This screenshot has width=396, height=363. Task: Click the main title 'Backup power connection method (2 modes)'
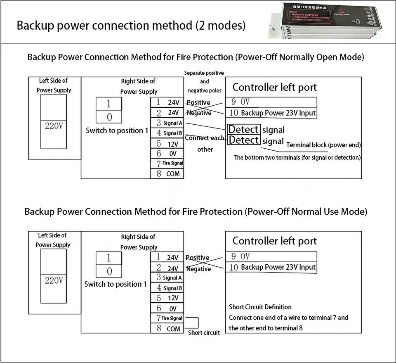click(131, 25)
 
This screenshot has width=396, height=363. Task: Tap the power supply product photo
click(330, 21)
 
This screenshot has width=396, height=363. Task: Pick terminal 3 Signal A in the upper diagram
click(168, 123)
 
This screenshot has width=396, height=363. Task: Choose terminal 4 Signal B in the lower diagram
click(168, 288)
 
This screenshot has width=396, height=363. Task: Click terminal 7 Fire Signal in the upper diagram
click(168, 163)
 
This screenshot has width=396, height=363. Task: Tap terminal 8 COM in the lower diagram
click(168, 329)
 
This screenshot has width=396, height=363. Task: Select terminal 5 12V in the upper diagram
click(168, 144)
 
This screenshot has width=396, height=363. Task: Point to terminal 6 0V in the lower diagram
click(168, 308)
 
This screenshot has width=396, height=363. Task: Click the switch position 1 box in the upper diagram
click(109, 104)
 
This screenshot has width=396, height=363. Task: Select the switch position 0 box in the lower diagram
click(109, 271)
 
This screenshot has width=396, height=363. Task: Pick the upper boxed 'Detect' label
click(244, 130)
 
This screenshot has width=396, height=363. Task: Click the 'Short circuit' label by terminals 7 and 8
click(204, 332)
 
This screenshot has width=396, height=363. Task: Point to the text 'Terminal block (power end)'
click(323, 145)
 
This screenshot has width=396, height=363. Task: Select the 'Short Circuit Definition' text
click(260, 307)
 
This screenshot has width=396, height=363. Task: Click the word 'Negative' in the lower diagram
click(198, 269)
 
